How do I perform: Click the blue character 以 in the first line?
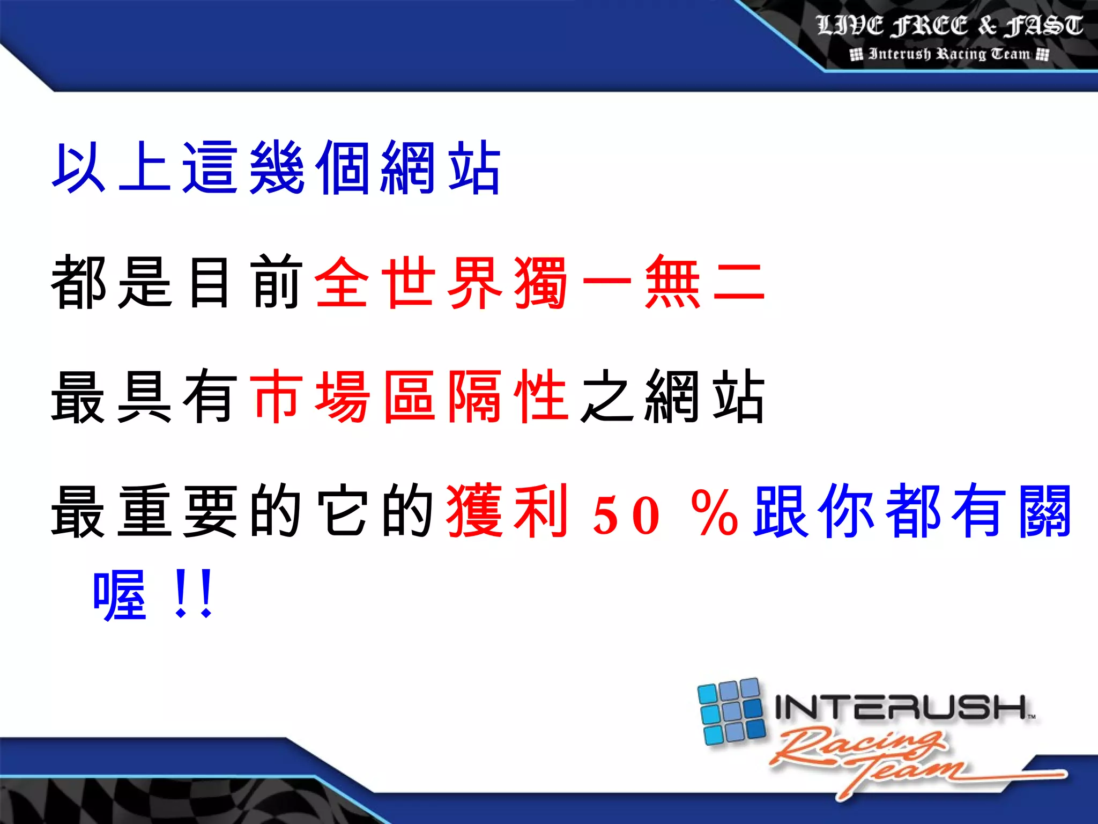tap(78, 167)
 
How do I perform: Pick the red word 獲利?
tap(507, 511)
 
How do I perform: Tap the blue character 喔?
tap(119, 595)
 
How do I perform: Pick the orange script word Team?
tap(911, 772)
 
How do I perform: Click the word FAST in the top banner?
tap(1044, 26)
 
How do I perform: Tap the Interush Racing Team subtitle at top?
tap(949, 54)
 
